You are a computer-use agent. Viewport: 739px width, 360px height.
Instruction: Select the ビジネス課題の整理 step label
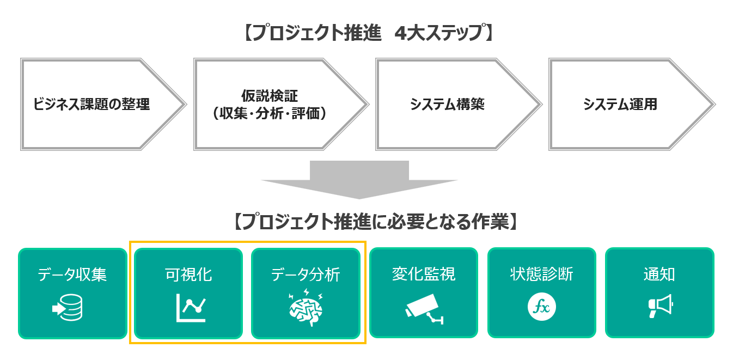91,104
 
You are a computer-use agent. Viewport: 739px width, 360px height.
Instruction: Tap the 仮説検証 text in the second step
270,96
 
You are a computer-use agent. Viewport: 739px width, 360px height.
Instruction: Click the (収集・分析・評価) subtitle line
270,113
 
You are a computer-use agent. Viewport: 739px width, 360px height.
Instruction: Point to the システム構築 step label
447,104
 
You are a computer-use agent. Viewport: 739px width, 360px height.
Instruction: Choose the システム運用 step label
620,104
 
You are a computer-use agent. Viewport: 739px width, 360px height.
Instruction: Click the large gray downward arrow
359,180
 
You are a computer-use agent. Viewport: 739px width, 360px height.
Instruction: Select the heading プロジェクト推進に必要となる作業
375,222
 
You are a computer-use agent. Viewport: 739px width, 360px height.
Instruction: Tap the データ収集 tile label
72,274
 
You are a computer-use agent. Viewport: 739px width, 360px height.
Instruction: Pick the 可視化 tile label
188,274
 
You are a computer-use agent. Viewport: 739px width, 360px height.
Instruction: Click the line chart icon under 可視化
191,308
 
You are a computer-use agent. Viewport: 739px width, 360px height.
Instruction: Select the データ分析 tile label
306,274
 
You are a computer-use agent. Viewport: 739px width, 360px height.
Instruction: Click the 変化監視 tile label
424,274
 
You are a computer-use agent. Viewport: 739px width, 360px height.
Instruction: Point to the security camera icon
424,309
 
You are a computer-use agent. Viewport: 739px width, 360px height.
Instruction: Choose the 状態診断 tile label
541,274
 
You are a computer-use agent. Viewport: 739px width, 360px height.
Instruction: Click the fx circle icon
542,307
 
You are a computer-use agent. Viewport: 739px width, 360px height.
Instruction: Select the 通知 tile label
659,274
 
